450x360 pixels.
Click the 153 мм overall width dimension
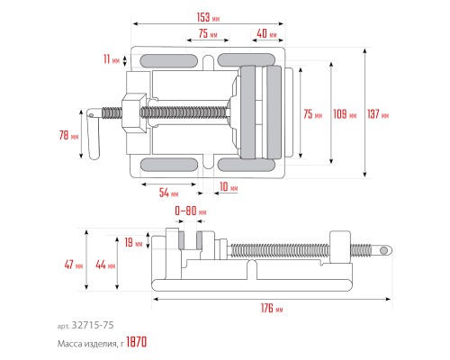(x=208, y=17)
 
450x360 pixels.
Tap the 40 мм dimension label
(x=266, y=33)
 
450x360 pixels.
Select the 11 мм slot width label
(x=112, y=59)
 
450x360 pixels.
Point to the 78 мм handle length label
(x=68, y=135)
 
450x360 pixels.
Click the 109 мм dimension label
(x=345, y=114)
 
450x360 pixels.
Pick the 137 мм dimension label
(x=378, y=114)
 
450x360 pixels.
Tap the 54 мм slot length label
(x=168, y=193)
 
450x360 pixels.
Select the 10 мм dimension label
(x=229, y=186)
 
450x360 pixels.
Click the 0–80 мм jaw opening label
(x=191, y=211)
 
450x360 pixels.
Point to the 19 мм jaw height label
(x=133, y=242)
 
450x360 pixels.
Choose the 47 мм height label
(x=74, y=265)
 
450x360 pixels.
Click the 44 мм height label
(x=105, y=265)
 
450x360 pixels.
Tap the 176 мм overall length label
(x=272, y=308)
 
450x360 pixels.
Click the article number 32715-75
(x=93, y=325)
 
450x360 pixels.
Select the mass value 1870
(x=137, y=342)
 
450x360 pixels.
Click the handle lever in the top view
(x=94, y=133)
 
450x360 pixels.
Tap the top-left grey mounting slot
(x=169, y=61)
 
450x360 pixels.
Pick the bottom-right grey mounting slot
(x=247, y=165)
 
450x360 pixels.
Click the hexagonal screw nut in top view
(x=134, y=112)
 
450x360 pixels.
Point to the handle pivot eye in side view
(x=383, y=250)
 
